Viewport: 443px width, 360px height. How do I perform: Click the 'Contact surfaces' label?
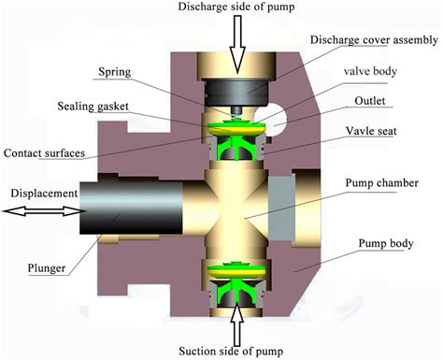click(x=46, y=151)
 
